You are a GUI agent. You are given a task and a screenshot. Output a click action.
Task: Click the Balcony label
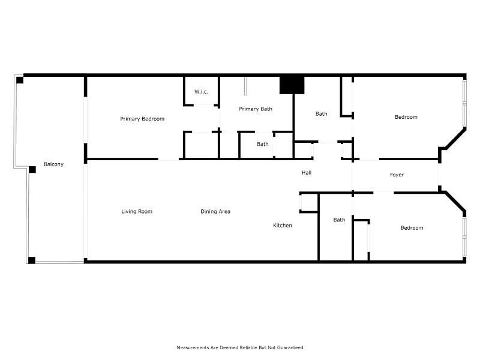(x=53, y=164)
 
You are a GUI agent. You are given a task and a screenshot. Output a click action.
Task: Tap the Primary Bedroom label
(x=142, y=119)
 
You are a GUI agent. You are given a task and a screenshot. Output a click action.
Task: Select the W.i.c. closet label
(x=201, y=92)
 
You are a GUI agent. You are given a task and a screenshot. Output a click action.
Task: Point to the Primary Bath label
(x=256, y=109)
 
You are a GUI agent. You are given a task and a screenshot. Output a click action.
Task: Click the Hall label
(x=307, y=173)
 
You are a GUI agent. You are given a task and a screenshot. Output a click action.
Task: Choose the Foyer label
(x=397, y=175)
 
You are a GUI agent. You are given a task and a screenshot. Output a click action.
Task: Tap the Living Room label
(x=137, y=212)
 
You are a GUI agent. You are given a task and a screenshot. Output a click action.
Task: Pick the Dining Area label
(x=215, y=212)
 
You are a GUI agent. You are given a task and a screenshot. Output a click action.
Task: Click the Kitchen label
(x=282, y=226)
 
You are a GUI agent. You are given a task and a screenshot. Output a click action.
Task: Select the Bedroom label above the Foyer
(x=406, y=117)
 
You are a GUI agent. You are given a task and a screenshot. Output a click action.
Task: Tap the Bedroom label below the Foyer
(x=412, y=228)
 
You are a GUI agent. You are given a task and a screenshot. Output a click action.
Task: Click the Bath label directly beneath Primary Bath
(x=263, y=144)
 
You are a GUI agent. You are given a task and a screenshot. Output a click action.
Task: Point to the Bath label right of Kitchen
(x=339, y=220)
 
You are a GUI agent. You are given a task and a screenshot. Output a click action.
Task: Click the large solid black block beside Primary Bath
(x=292, y=85)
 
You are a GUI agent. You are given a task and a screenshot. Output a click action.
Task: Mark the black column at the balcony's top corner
(x=20, y=80)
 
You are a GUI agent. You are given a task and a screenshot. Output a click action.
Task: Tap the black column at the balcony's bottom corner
(x=32, y=260)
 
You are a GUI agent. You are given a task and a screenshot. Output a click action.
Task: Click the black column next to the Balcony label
(x=32, y=170)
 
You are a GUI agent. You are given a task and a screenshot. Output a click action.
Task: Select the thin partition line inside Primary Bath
(x=245, y=86)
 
